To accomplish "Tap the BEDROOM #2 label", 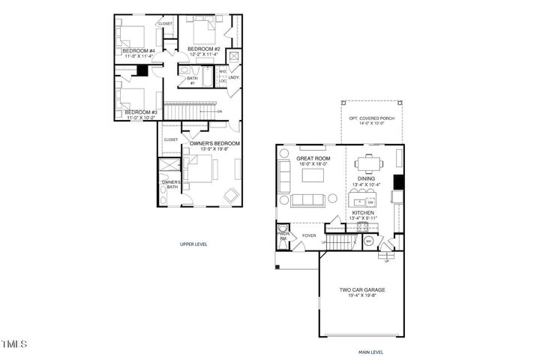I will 203,49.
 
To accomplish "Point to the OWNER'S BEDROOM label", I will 214,143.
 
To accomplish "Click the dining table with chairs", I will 368,163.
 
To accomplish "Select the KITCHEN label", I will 363,214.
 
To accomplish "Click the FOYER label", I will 309,235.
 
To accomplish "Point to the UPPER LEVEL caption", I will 193,244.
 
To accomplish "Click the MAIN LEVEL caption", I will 370,350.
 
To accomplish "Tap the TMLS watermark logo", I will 14,344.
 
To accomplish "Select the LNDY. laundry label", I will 233,77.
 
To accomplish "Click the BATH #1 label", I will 193,80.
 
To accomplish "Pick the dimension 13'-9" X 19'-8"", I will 215,149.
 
